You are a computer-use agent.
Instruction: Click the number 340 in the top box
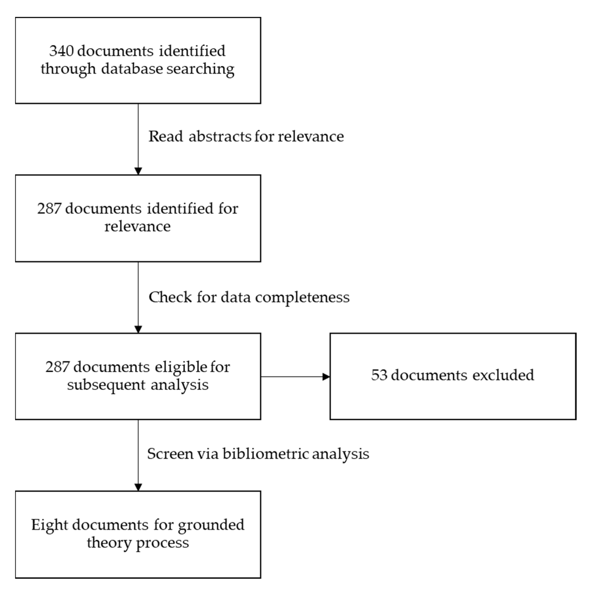pos(61,51)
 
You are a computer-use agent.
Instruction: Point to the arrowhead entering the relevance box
pos(138,171)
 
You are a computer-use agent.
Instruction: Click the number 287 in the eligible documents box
pos(58,367)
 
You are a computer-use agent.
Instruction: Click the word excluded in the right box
pos(503,375)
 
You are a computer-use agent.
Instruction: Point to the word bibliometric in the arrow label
pos(266,454)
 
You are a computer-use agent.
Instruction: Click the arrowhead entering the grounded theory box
pos(138,487)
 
